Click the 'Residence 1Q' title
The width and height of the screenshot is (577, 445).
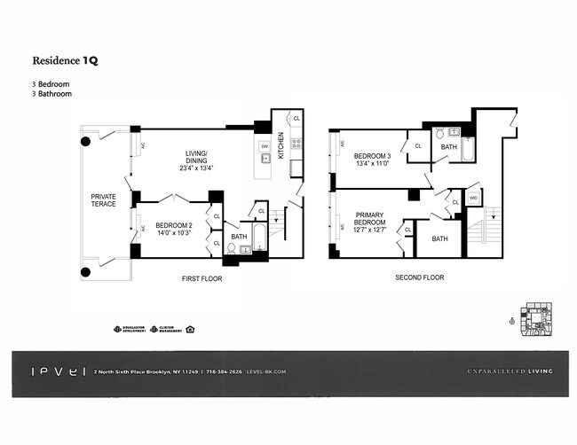pyautogui.click(x=65, y=61)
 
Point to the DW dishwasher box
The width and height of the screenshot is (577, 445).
pyautogui.click(x=264, y=145)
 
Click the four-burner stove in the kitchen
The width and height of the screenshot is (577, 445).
pyautogui.click(x=296, y=142)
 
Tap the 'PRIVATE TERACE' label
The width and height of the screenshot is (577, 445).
pyautogui.click(x=105, y=200)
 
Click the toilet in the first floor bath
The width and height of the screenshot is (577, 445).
pyautogui.click(x=232, y=251)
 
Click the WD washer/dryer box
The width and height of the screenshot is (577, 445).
pyautogui.click(x=473, y=197)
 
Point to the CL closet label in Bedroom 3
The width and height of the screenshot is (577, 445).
pyautogui.click(x=418, y=146)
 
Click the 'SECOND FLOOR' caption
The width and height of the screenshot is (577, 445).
pyautogui.click(x=420, y=278)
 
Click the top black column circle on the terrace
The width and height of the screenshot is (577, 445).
pyautogui.click(x=86, y=140)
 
